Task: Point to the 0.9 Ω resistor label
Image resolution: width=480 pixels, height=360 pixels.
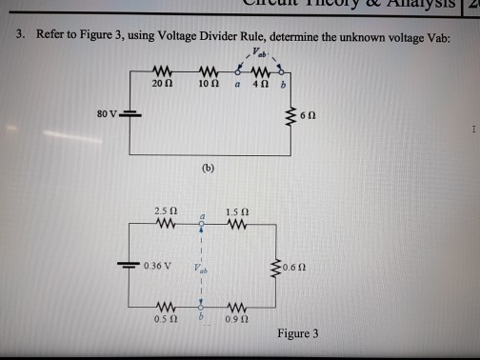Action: click(237, 320)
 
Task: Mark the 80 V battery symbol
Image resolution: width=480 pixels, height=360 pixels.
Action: click(131, 118)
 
